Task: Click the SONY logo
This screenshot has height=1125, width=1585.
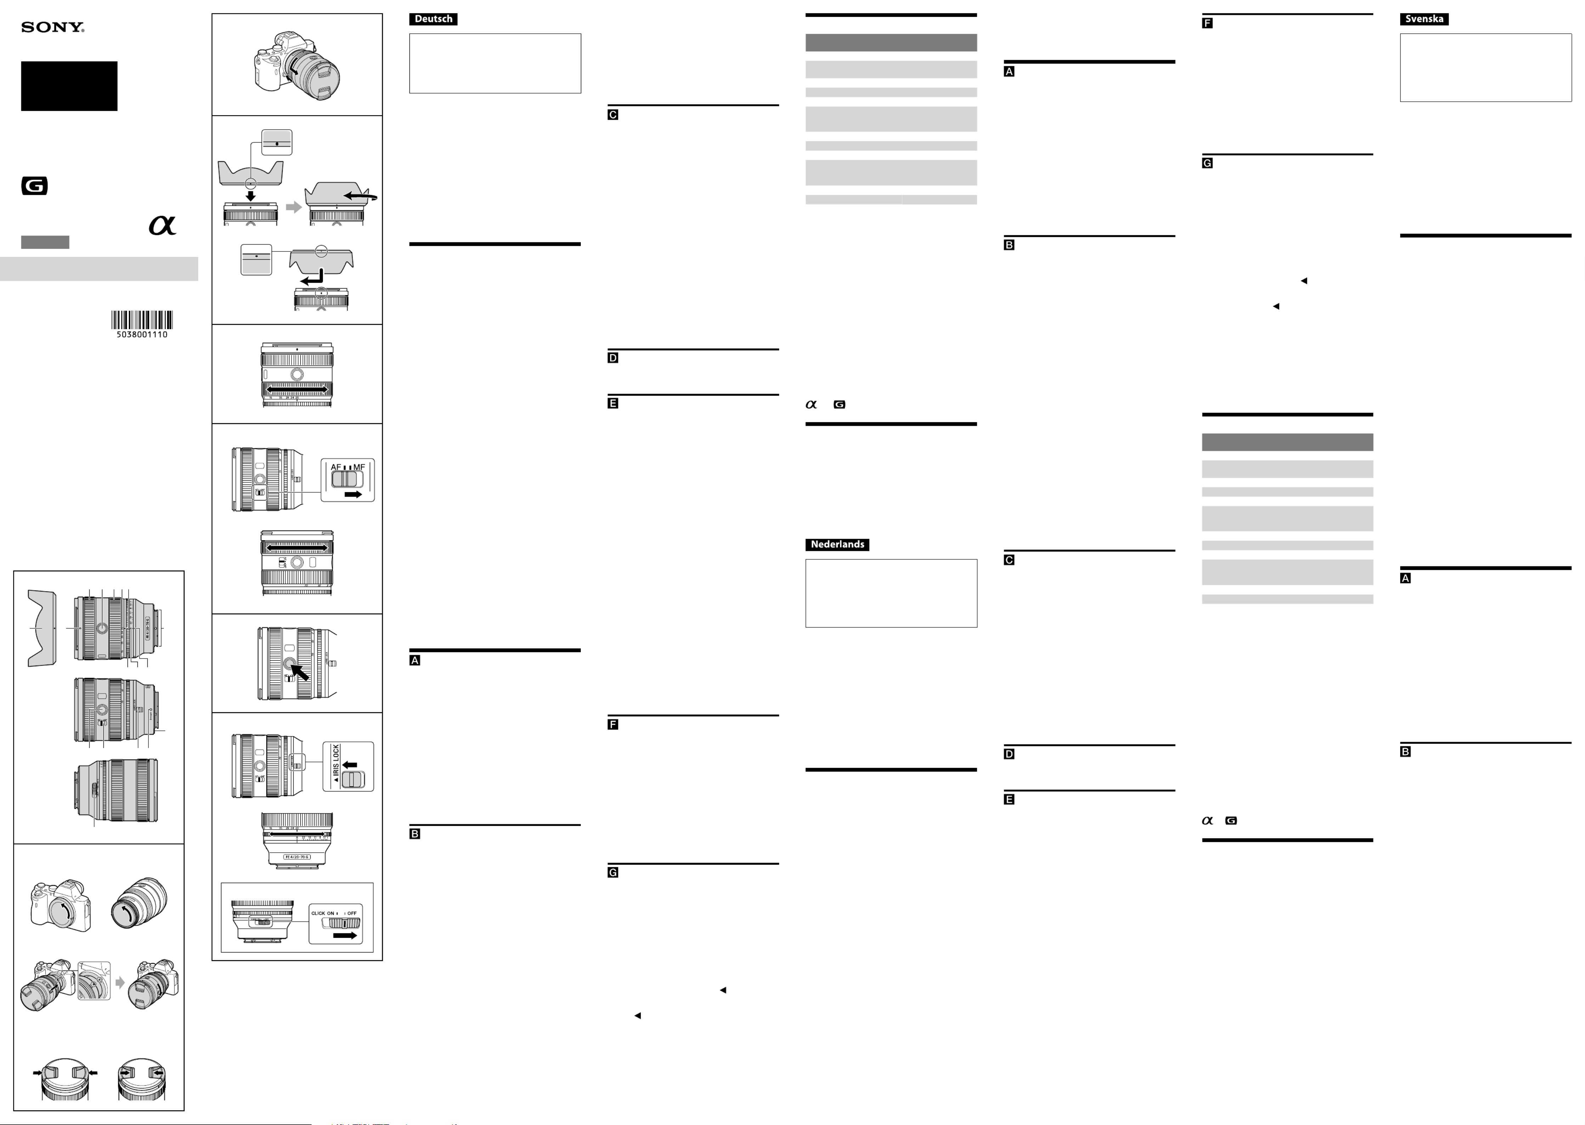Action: pos(53,28)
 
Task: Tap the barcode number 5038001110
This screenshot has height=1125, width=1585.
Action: pos(142,335)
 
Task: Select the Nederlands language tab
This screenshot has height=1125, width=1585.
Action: pos(837,544)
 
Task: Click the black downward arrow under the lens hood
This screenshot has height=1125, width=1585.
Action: pos(251,196)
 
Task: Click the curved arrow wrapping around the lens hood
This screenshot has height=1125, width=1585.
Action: pos(360,197)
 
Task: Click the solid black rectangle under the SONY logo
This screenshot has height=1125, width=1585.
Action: pos(69,86)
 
